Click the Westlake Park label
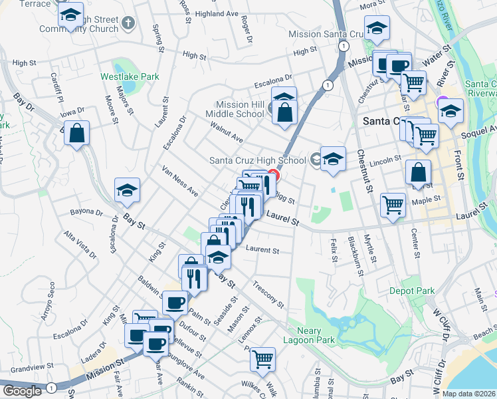coord(130,76)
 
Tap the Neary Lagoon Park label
coord(306,335)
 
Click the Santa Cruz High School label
coord(257,160)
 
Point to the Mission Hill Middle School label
coord(241,109)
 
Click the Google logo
coord(21,391)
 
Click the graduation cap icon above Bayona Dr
coord(127,190)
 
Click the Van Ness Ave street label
coord(180,182)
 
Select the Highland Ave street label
coord(217,13)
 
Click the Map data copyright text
coord(468,393)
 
